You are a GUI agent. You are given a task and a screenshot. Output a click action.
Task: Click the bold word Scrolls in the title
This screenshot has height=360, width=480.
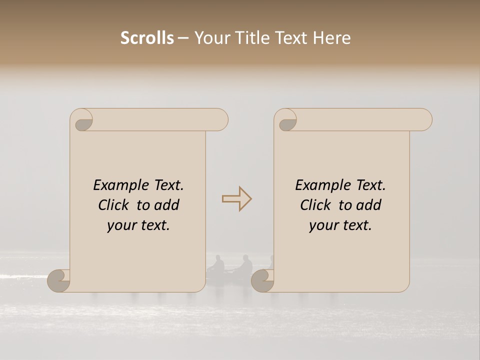tap(147, 38)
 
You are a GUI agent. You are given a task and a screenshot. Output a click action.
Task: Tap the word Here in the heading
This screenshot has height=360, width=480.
tap(332, 38)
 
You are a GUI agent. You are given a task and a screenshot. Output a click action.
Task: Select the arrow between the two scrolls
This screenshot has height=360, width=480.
tap(236, 199)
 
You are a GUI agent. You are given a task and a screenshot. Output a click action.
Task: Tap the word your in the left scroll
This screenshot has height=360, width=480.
tap(121, 225)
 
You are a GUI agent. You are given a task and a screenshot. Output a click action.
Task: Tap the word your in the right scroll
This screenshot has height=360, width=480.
tap(323, 225)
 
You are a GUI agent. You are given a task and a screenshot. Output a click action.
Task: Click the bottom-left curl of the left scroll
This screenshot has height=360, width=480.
tap(59, 281)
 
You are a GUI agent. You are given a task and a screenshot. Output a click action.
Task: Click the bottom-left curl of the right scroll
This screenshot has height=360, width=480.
tap(262, 281)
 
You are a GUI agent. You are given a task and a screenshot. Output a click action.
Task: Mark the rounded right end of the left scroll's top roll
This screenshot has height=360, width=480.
tap(220, 120)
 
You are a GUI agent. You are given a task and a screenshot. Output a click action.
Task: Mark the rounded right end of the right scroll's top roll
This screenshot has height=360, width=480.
tap(424, 120)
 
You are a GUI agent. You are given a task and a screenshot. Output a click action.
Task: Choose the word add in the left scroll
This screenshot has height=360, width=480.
tap(167, 205)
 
